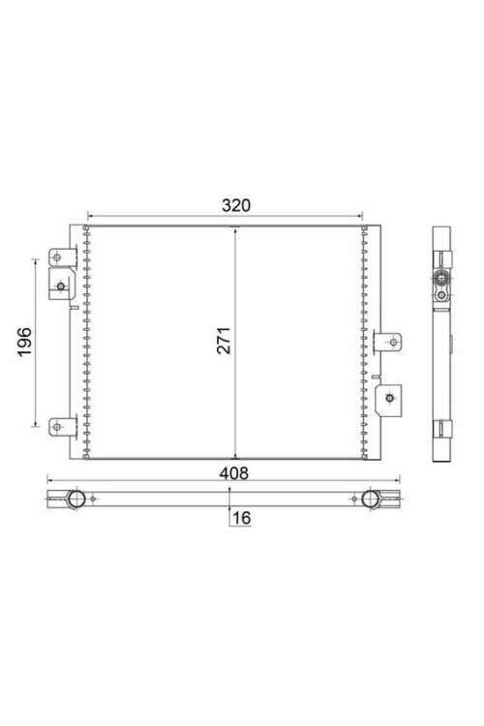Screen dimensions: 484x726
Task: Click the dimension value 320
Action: [x=236, y=205]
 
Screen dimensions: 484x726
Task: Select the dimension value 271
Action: [x=224, y=341]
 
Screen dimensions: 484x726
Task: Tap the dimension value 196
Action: [x=24, y=342]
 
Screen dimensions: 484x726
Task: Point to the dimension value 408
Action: [x=234, y=473]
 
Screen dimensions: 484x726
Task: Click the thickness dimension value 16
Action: [x=242, y=518]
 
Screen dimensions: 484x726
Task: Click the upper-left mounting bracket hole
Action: [x=56, y=257]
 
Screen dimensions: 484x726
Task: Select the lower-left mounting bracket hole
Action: [x=56, y=427]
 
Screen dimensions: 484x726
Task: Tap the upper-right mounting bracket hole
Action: [x=393, y=342]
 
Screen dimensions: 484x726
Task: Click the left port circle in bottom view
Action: [x=76, y=499]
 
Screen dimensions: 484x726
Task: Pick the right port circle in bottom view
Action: [x=370, y=499]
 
